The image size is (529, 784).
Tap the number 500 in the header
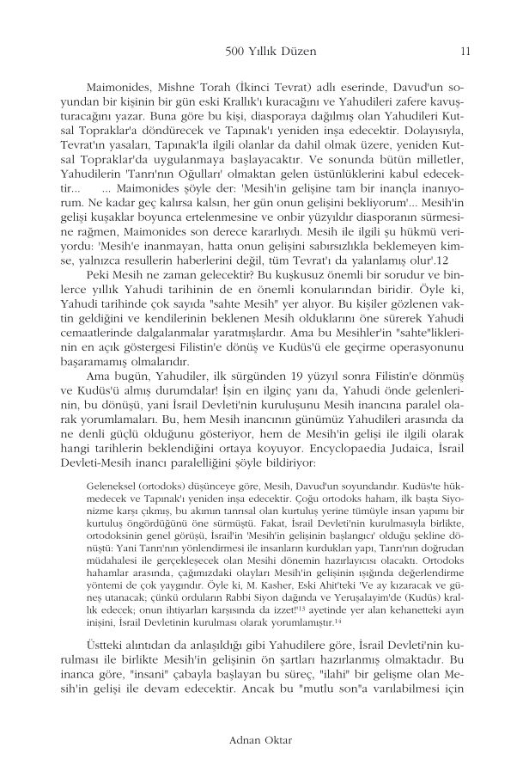coord(234,51)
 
